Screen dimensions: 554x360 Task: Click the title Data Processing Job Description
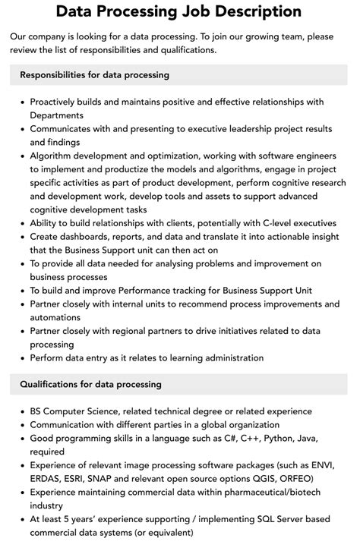click(179, 11)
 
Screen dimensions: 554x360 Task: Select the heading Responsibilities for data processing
click(94, 75)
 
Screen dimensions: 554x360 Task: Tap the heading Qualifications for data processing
click(90, 384)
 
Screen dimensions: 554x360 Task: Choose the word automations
click(62, 318)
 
